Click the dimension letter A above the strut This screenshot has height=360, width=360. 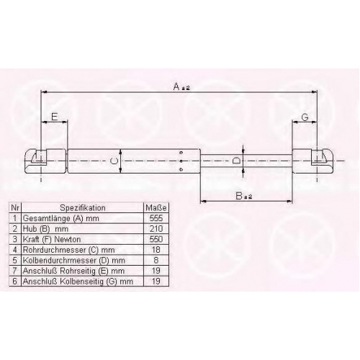176,86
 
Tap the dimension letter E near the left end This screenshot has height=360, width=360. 55,117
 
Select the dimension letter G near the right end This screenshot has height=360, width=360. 305,117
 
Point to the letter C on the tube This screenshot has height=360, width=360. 114,161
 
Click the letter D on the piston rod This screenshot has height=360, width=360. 236,161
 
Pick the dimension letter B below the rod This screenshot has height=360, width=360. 239,196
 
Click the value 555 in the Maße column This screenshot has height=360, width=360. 156,218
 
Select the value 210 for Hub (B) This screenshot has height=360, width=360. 156,229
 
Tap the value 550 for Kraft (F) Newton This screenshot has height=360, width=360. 156,239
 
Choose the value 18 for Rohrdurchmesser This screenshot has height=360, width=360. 156,250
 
